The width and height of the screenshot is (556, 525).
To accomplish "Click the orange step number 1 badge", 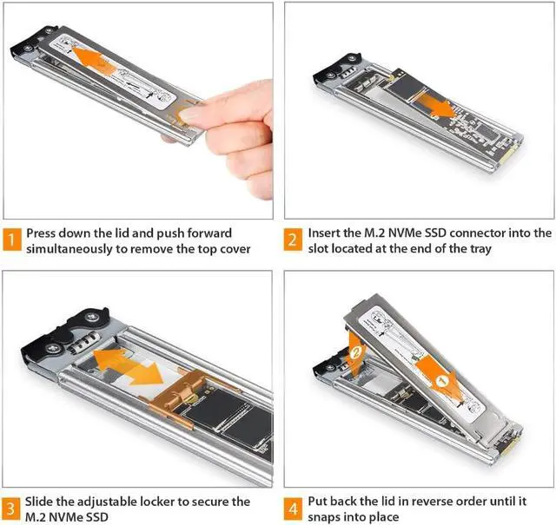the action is coord(12,240).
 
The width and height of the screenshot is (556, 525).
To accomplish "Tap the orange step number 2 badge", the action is coord(293,240).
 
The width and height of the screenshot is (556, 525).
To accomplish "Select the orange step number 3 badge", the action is coord(11,509).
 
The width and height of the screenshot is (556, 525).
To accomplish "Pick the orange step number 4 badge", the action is coord(293,509).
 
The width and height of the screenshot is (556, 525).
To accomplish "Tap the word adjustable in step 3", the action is coord(107,502).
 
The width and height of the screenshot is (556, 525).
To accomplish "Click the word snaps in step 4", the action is coord(324,517).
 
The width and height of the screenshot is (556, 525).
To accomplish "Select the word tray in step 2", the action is coord(480,249).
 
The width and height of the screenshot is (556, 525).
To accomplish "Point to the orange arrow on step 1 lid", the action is coord(93,60).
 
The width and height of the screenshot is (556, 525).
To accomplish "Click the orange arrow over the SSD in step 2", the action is coord(434,104).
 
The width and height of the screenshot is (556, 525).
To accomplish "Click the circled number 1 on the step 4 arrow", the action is coord(441,382).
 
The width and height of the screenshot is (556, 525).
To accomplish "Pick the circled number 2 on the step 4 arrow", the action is coord(355,352).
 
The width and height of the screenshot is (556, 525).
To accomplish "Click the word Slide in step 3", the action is coord(39,502).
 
